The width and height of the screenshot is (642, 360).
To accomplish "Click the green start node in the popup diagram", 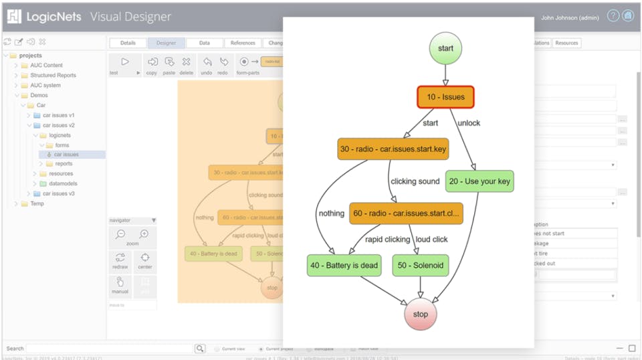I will click(x=445, y=48).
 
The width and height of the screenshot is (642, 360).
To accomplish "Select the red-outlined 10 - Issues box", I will click(x=445, y=97).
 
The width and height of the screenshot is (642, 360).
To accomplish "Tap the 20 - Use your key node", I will click(x=480, y=181).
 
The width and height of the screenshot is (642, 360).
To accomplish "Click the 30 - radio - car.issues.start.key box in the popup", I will click(x=393, y=149).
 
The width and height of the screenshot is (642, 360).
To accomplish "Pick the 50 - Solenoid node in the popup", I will click(x=420, y=265).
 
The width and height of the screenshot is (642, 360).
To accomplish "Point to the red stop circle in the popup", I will click(x=421, y=314).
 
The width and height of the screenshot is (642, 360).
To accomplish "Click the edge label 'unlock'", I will click(x=469, y=123).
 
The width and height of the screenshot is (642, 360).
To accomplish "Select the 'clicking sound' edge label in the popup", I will click(x=415, y=181).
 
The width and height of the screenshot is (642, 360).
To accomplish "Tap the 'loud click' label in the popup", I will click(x=431, y=240).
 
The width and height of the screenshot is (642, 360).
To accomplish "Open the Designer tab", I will click(x=167, y=43).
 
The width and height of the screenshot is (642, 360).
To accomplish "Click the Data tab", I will click(x=205, y=43).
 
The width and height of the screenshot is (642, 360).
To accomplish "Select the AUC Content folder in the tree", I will click(x=46, y=66).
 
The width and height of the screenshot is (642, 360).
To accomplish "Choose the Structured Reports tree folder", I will click(x=53, y=76).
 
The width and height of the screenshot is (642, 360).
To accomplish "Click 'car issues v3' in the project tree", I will click(x=59, y=193).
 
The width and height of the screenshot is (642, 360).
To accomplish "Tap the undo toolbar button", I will click(x=207, y=64).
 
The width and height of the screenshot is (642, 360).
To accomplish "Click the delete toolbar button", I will click(x=186, y=64).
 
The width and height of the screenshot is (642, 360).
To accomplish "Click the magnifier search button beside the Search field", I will click(x=200, y=349).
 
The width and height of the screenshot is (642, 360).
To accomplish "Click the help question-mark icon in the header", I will click(x=613, y=16).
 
